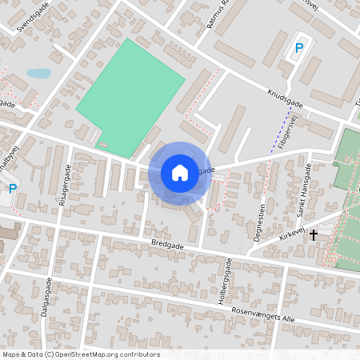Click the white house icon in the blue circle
[180, 173]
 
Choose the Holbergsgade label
[229, 278]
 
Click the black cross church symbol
[314, 234]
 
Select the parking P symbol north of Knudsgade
[299, 48]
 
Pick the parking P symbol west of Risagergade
[12, 189]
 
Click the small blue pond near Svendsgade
[38, 74]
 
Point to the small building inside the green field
[103, 144]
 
